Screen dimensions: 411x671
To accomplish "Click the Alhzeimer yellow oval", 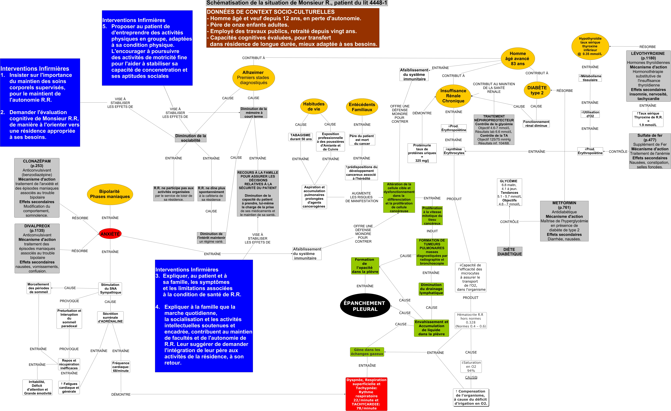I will (x=253, y=78).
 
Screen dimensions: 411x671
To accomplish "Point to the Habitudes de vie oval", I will (x=314, y=106).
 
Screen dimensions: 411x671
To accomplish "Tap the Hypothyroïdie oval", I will (x=590, y=46).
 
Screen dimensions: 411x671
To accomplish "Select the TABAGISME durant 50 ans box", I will (x=300, y=137).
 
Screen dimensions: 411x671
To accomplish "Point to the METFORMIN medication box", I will (x=564, y=221).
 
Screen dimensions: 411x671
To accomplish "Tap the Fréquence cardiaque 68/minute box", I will (x=121, y=367).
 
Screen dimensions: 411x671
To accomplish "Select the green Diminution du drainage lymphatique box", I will (x=431, y=289).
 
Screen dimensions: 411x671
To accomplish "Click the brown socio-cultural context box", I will (x=293, y=28).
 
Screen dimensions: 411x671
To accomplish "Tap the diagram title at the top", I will (x=297, y=3).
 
